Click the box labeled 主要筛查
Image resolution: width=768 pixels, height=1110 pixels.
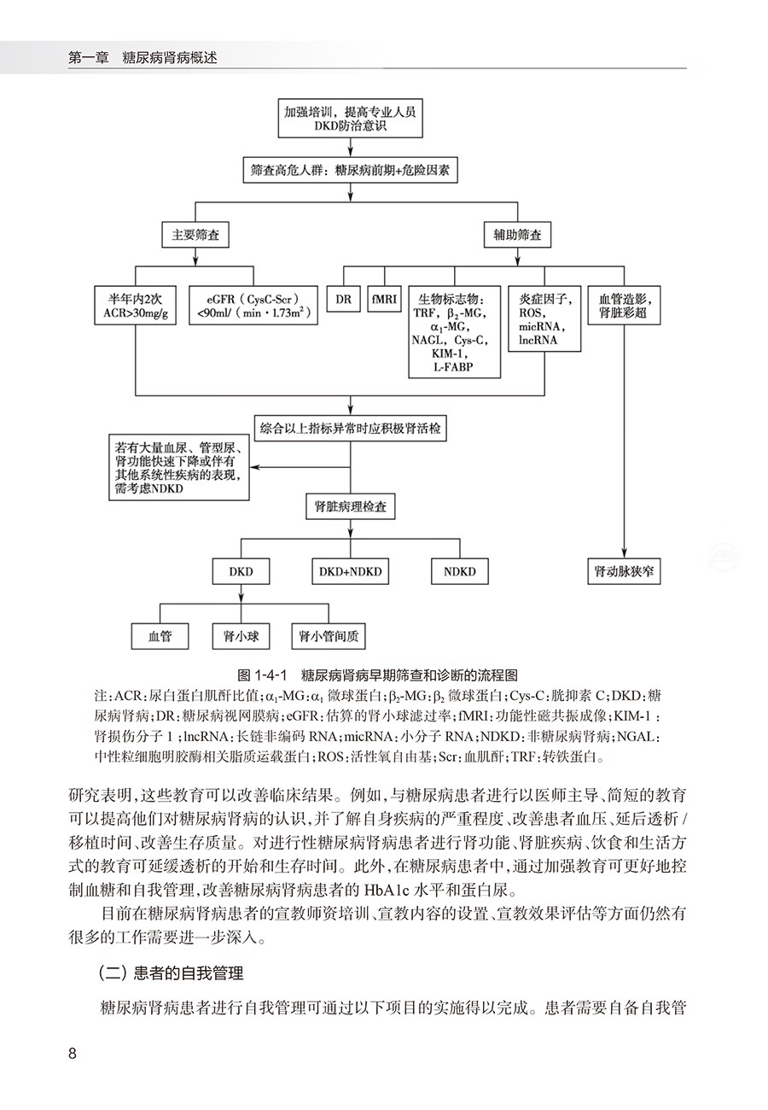[195, 235]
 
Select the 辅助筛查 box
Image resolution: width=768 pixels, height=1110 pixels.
[517, 235]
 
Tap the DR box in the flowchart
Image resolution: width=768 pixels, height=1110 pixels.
[343, 299]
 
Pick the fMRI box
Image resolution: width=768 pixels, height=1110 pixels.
[384, 299]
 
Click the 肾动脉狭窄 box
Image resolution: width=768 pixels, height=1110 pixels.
[624, 571]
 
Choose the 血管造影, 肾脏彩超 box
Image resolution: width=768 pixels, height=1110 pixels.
[624, 306]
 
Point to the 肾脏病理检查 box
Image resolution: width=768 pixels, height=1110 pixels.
[351, 506]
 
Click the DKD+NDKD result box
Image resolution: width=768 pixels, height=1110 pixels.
[351, 571]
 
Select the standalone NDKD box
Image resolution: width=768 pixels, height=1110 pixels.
[459, 571]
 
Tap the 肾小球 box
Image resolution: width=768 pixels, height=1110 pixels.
[241, 636]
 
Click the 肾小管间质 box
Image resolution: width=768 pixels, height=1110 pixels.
[329, 636]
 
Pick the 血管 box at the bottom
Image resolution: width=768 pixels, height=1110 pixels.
[160, 636]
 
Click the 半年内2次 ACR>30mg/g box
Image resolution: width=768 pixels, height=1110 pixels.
[135, 306]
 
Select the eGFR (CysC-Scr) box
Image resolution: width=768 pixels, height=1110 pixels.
[253, 306]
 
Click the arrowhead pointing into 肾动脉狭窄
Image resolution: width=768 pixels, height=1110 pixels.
[624, 553]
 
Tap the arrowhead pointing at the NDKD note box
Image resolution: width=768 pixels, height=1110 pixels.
[254, 467]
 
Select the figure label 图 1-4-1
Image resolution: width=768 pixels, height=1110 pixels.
[263, 675]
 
